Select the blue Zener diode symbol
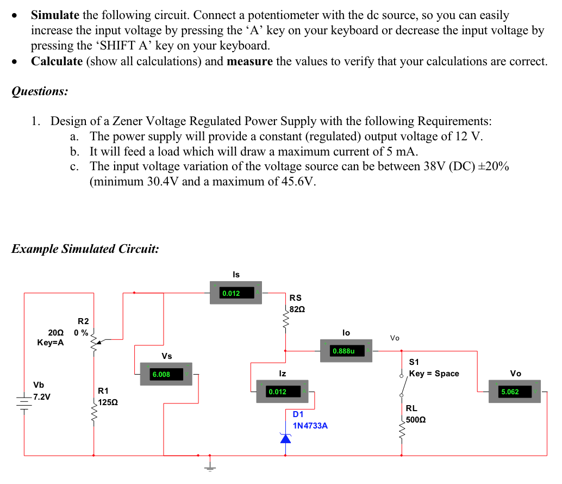(285, 438)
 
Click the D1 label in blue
(298, 414)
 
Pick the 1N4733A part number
(310, 426)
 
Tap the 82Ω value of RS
(297, 309)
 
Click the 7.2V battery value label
(41, 396)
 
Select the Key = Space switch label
(434, 374)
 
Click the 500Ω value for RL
(416, 420)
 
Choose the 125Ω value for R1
(107, 403)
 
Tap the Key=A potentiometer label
(50, 343)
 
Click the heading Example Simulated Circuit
(85, 249)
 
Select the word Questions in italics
(40, 91)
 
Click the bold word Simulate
(55, 16)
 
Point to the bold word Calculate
(57, 61)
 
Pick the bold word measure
(249, 61)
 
